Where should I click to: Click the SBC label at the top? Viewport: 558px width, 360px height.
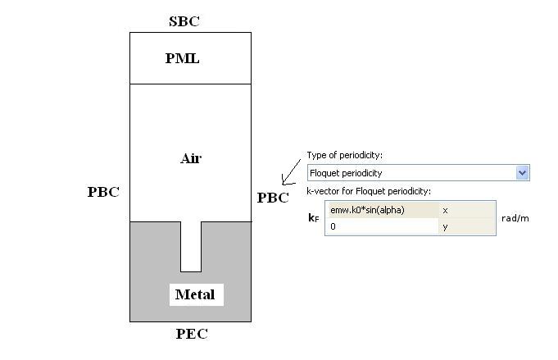[184, 21]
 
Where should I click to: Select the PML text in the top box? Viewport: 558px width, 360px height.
[183, 58]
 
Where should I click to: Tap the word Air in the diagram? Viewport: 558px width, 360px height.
[191, 158]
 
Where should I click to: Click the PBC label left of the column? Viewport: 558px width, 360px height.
[103, 192]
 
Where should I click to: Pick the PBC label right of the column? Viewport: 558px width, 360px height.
[273, 198]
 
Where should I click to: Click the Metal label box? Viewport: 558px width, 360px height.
[195, 294]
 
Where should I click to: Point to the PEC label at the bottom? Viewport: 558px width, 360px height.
[192, 334]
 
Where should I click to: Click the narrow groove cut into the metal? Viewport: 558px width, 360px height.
[191, 245]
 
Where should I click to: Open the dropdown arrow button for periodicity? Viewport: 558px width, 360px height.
[523, 173]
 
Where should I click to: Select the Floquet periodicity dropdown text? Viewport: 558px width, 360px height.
[346, 173]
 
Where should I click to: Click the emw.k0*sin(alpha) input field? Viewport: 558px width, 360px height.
[381, 210]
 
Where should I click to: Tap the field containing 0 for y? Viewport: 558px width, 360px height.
[381, 226]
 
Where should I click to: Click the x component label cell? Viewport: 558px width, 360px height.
[466, 210]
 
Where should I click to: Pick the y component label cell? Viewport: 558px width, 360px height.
[466, 226]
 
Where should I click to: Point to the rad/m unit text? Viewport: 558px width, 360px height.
[515, 218]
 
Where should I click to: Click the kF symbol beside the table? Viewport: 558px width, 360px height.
[313, 218]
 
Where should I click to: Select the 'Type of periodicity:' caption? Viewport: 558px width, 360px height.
[344, 155]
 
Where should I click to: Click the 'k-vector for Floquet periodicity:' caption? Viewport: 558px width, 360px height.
[369, 191]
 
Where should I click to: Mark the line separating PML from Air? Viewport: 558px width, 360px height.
[190, 84]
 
